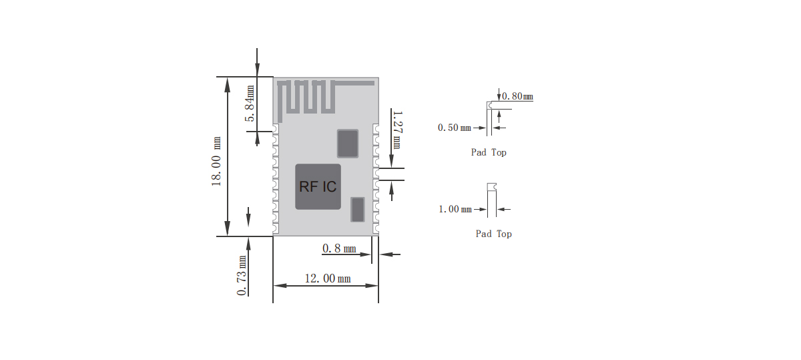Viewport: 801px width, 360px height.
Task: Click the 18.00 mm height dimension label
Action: (217, 162)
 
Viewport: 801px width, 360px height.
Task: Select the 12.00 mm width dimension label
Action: (326, 279)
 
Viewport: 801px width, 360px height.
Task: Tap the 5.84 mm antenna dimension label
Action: (250, 104)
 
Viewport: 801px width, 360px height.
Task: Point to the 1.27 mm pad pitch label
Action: (396, 130)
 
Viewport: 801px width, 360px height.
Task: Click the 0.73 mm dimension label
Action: (242, 275)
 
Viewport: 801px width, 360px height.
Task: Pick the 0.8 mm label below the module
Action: (338, 248)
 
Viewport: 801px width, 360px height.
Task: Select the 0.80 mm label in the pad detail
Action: (517, 96)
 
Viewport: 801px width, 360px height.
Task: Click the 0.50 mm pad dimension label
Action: (454, 127)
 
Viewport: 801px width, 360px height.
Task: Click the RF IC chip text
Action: (318, 187)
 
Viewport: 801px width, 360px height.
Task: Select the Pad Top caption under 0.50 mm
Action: (489, 152)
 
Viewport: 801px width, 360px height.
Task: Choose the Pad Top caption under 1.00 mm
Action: (493, 234)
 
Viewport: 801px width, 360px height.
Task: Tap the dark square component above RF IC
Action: (347, 143)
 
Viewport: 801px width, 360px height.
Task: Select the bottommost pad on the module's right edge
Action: (376, 229)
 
